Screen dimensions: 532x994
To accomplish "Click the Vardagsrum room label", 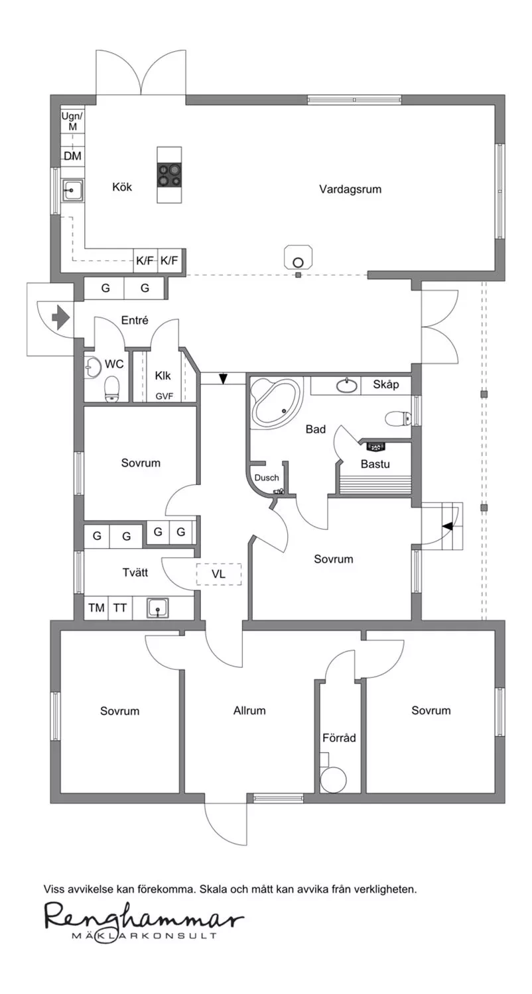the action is (350, 190).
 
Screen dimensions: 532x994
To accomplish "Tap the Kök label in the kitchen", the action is (121, 187).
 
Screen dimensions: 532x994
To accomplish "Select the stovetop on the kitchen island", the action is (169, 176).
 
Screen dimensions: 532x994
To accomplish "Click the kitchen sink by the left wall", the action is (73, 190).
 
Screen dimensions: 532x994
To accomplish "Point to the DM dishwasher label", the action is (72, 156).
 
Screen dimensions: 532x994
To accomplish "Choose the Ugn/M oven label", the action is (72, 121).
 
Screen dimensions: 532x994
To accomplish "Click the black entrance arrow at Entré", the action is (61, 317).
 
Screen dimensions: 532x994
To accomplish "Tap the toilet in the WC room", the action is (111, 389).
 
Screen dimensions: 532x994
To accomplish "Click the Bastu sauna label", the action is (375, 464).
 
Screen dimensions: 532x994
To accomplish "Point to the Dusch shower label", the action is (267, 478).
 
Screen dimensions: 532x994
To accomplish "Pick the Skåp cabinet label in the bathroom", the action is (385, 384).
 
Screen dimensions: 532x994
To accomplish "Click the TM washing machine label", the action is (96, 608).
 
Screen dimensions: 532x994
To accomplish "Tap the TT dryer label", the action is (119, 608).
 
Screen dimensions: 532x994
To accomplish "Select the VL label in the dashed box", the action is (218, 575).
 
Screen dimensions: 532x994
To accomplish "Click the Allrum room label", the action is (249, 710).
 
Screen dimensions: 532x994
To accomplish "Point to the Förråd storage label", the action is (339, 738).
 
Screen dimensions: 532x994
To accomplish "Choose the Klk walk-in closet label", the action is (163, 376).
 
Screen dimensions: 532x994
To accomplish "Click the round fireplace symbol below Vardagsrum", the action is (299, 262).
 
